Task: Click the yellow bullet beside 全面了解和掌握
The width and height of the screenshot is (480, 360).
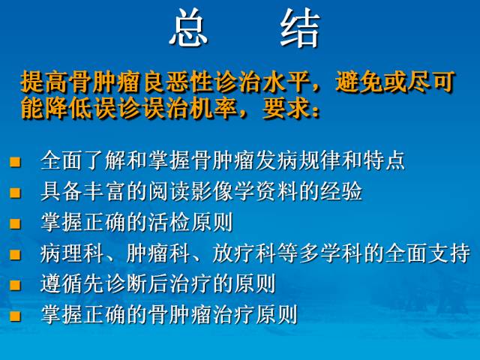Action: coord(14,160)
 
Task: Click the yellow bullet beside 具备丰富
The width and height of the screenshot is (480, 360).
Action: coord(14,192)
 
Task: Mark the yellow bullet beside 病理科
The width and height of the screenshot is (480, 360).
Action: coord(14,254)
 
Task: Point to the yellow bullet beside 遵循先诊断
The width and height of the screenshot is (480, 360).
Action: coord(14,285)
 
